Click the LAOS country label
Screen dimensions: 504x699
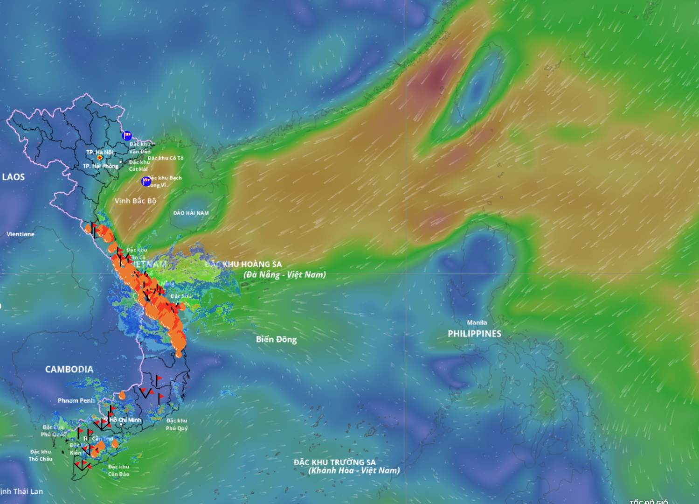(14, 177)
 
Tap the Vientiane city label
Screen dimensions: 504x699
(21, 234)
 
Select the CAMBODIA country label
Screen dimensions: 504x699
(69, 369)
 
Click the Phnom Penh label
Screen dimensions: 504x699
(76, 400)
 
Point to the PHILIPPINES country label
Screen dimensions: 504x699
(474, 334)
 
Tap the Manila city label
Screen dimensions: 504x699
(477, 322)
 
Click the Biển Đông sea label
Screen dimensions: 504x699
(276, 339)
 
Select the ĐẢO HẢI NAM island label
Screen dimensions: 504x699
(191, 213)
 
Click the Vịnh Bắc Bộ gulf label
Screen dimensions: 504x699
(135, 201)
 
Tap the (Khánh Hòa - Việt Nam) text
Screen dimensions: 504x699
(354, 470)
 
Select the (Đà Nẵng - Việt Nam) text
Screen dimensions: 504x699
(284, 274)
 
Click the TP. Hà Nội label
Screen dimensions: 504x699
(99, 152)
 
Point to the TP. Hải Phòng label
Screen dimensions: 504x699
(100, 166)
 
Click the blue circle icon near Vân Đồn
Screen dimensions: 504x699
(127, 136)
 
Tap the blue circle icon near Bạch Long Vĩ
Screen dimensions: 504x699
(146, 181)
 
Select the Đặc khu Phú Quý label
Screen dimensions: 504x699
(177, 424)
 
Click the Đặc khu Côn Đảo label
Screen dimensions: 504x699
(118, 470)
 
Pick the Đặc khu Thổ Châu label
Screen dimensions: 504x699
(41, 455)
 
